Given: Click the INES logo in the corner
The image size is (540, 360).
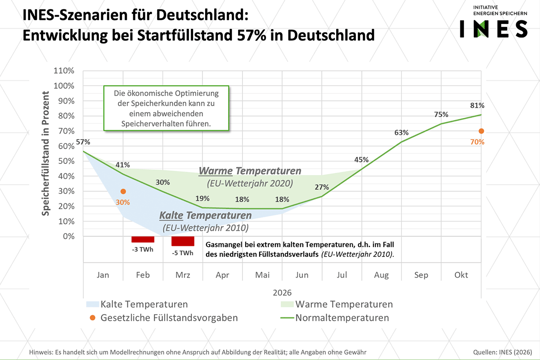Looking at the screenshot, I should pyautogui.click(x=493, y=22).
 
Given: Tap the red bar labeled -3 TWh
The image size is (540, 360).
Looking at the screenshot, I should pyautogui.click(x=143, y=239).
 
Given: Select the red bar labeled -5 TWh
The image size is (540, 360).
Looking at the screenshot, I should pyautogui.click(x=183, y=241).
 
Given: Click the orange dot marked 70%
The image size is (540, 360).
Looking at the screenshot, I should pyautogui.click(x=481, y=131).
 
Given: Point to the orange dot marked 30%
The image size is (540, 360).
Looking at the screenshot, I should pyautogui.click(x=123, y=191).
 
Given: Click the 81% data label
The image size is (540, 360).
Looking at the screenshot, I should pyautogui.click(x=477, y=106).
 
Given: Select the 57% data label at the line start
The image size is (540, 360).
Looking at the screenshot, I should pyautogui.click(x=83, y=142).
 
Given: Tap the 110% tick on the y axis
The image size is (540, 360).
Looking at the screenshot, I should pyautogui.click(x=64, y=71).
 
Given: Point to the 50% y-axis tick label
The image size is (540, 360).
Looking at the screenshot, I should pyautogui.click(x=66, y=161).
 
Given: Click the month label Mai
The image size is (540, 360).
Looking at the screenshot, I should pyautogui.click(x=262, y=275).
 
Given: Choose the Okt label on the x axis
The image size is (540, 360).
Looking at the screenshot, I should pyautogui.click(x=461, y=275).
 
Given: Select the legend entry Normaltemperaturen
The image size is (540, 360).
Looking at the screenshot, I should pyautogui.click(x=342, y=318).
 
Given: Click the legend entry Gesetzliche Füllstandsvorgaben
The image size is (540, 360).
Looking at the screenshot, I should pyautogui.click(x=169, y=318).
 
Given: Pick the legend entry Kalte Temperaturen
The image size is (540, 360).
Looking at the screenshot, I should pyautogui.click(x=144, y=304).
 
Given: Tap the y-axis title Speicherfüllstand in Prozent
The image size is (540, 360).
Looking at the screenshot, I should pyautogui.click(x=46, y=153).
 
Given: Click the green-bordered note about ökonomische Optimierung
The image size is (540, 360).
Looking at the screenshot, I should pyautogui.click(x=166, y=109).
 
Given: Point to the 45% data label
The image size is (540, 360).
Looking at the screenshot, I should pyautogui.click(x=361, y=160).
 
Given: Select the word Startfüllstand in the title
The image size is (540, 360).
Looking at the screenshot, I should pyautogui.click(x=180, y=35).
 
